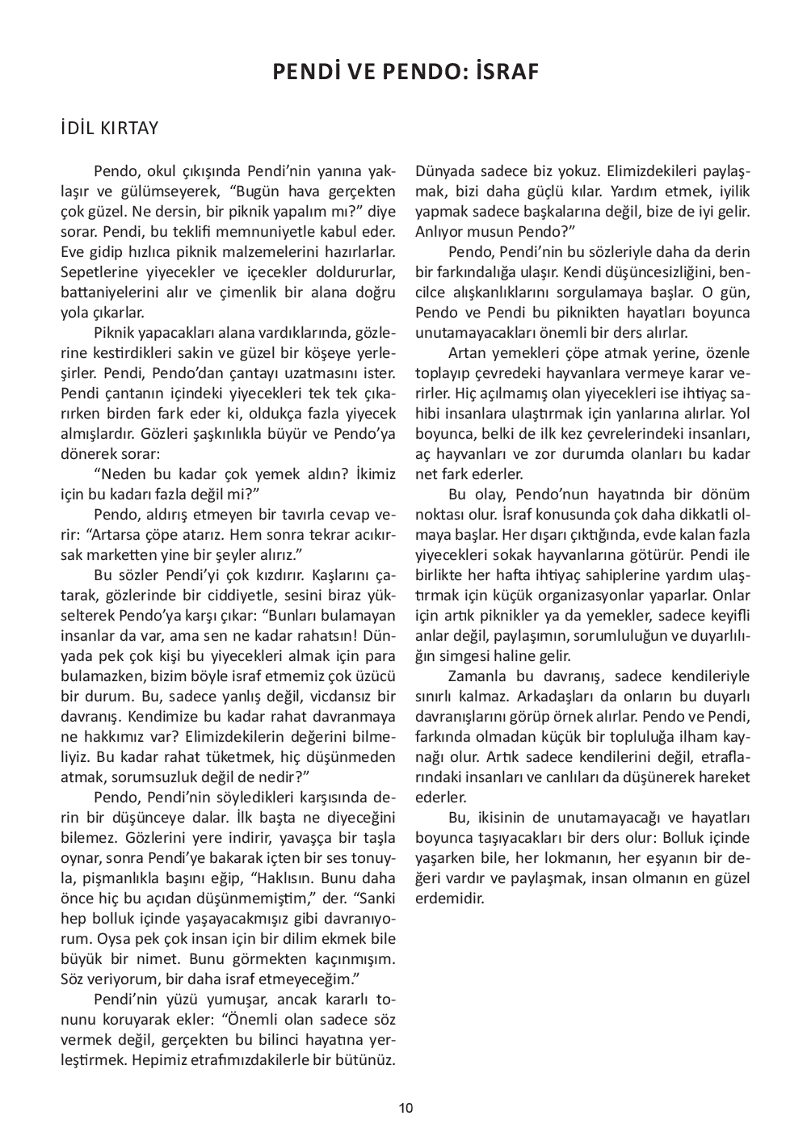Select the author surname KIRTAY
pyautogui.click(x=128, y=128)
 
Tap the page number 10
pyautogui.click(x=405, y=1108)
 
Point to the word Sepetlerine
pyautogui.click(x=99, y=272)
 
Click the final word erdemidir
pyautogui.click(x=450, y=899)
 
